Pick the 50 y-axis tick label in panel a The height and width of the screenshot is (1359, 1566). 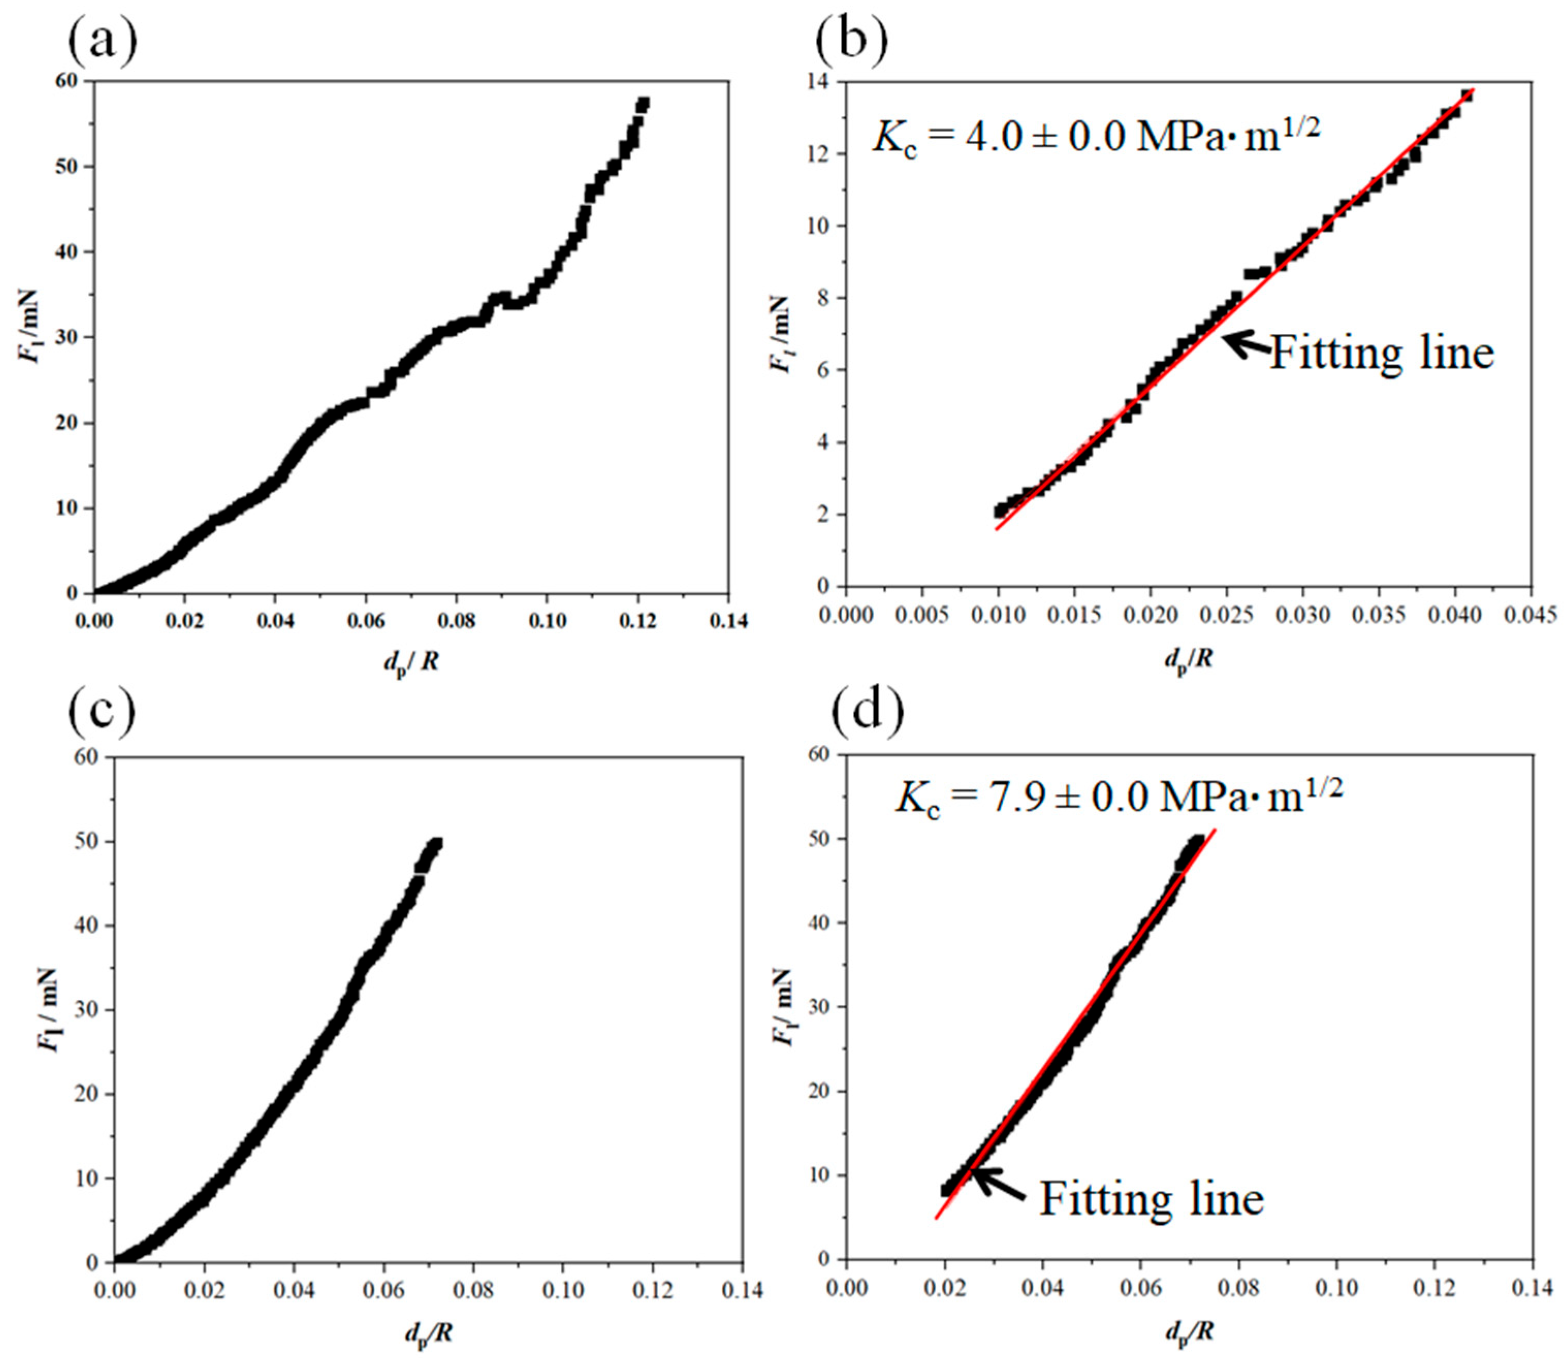coord(68,167)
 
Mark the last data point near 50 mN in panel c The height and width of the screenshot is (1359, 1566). coord(436,843)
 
